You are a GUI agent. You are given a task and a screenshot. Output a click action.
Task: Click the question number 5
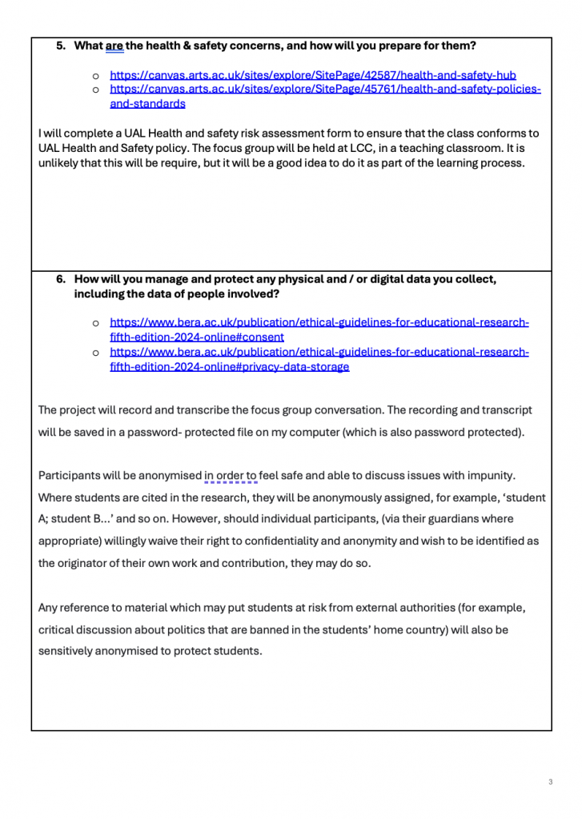click(x=60, y=46)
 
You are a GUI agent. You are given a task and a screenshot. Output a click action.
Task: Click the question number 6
click(x=60, y=279)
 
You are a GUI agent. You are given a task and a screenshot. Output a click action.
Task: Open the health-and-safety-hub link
click(x=312, y=75)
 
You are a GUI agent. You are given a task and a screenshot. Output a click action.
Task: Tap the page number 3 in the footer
click(x=551, y=782)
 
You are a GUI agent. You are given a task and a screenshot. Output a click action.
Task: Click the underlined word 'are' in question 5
click(x=114, y=46)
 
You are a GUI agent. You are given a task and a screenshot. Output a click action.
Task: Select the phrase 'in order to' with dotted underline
click(x=231, y=476)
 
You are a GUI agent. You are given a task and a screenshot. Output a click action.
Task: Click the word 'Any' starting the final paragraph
click(x=48, y=608)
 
